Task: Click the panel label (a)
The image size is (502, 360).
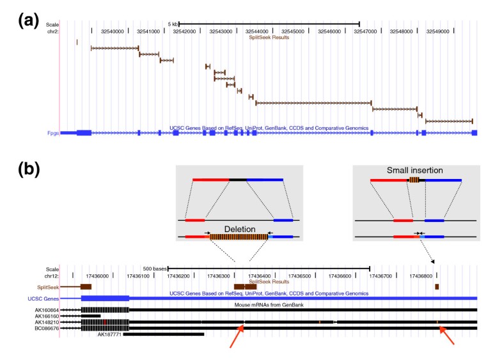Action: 30,20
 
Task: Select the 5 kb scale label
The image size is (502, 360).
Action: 173,24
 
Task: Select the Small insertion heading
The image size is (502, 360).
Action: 415,171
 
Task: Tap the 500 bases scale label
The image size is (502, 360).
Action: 153,269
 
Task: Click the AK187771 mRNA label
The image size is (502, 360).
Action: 109,334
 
